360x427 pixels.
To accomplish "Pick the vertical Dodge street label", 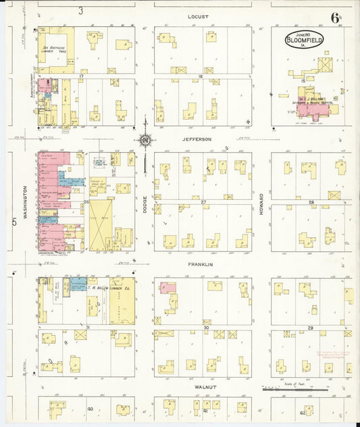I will point(145,205).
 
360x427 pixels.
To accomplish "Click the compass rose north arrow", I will point(145,140).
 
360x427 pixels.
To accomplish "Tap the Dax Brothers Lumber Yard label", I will point(54,49).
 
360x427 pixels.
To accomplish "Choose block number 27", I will point(203,202).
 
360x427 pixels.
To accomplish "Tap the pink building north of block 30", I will point(168,287).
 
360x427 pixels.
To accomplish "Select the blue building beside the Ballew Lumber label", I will point(78,284).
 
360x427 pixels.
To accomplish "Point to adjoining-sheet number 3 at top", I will point(80,11).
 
